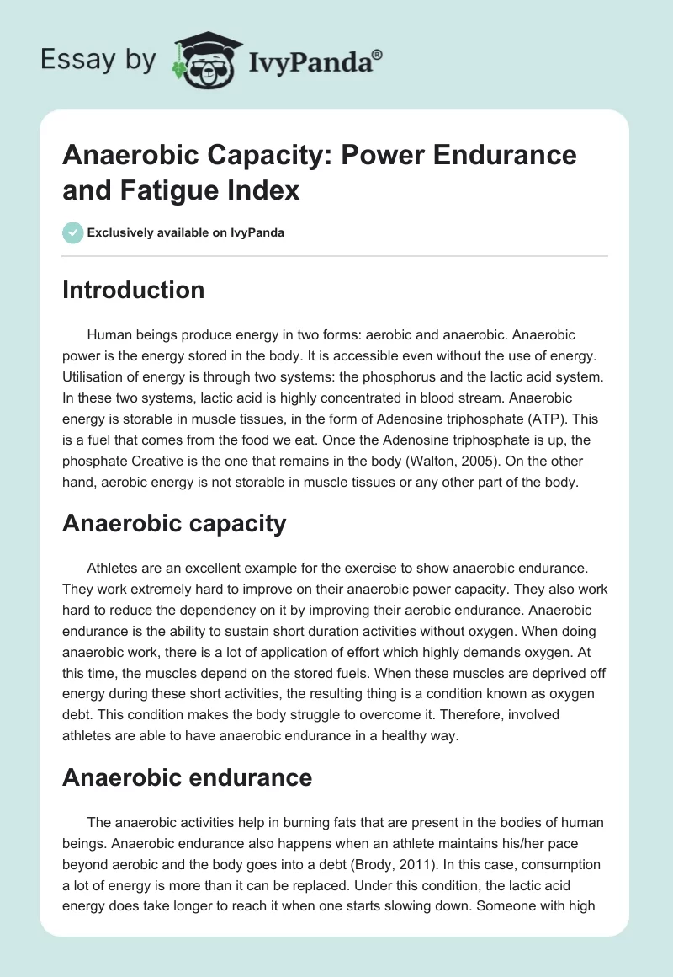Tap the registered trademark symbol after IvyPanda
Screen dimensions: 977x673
(x=377, y=54)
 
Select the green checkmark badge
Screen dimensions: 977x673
(x=74, y=232)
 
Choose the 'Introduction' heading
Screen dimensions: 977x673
(x=133, y=291)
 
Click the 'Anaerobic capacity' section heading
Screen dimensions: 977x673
(x=174, y=524)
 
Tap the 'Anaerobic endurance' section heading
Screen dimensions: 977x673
(x=187, y=777)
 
